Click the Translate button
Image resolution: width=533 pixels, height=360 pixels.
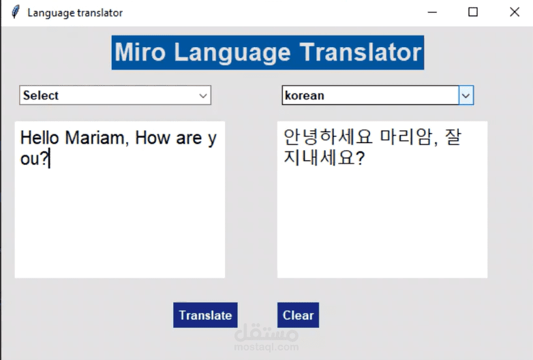205,315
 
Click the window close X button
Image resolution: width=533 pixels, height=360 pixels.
515,12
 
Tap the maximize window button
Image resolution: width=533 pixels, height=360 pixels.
473,12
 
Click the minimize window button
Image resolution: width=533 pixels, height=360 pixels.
431,12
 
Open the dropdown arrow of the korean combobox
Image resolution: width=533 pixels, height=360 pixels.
466,95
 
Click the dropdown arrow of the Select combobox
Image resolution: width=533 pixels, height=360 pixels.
203,96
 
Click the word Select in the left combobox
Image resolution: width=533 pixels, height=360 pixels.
41,95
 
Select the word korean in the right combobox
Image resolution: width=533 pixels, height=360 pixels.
304,95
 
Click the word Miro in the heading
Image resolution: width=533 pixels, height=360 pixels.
140,52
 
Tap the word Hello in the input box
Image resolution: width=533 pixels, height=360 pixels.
40,138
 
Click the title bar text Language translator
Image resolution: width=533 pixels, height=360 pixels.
75,12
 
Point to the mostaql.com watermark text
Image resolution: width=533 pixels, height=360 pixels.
266,347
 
